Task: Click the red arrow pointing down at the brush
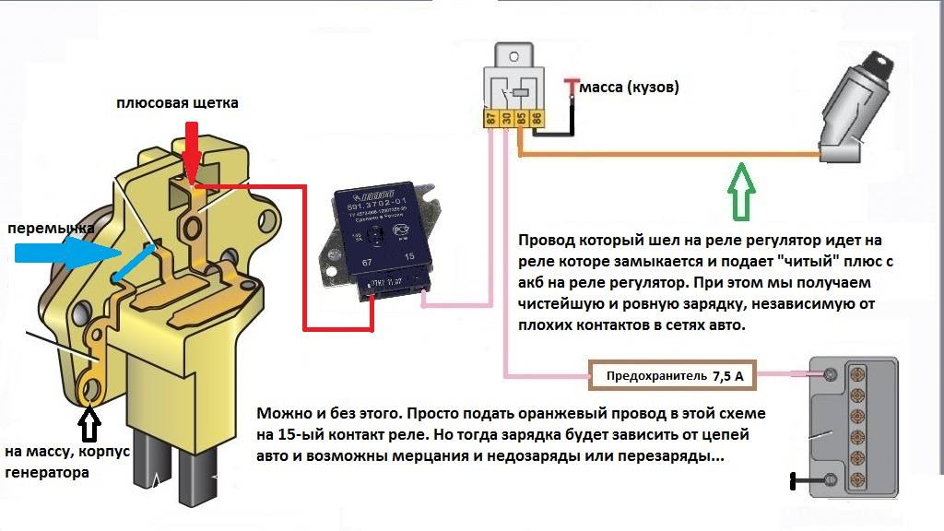[190, 148]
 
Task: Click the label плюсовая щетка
[177, 103]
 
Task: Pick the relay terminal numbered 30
[505, 118]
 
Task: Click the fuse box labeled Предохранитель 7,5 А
[673, 376]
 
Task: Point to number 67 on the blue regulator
[341, 263]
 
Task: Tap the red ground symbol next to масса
[572, 86]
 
